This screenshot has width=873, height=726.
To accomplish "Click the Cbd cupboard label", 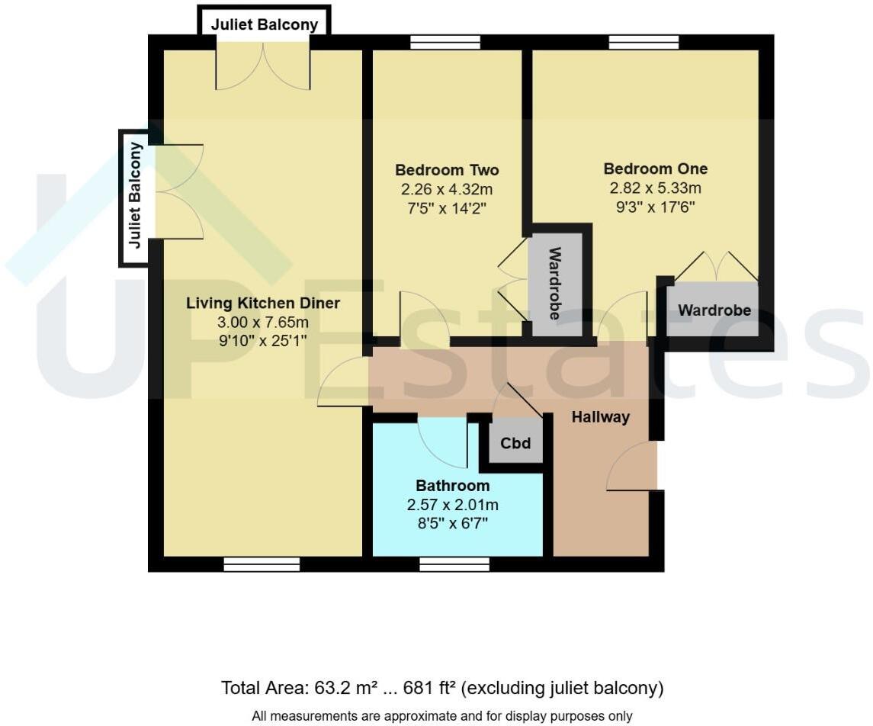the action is (515, 444).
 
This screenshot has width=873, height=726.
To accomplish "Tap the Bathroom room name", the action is (453, 486).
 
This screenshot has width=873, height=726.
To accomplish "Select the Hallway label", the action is (601, 417).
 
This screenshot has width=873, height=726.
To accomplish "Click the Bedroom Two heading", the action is (447, 170).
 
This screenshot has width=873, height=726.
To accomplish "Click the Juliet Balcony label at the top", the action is (265, 24).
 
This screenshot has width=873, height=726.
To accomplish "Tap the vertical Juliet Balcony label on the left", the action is (135, 195).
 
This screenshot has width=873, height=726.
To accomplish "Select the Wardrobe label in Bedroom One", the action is (714, 310).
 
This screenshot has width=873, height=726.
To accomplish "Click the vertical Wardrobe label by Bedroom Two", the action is (555, 284).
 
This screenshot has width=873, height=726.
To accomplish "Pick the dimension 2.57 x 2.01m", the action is (453, 504).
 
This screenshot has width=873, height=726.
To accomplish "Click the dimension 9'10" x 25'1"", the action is (263, 340).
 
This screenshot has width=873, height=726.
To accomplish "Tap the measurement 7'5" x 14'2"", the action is (447, 207).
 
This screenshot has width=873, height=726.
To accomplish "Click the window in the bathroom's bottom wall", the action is (454, 564).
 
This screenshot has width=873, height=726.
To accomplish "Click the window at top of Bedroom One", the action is (644, 43).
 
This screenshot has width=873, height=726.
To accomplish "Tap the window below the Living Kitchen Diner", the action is (262, 564).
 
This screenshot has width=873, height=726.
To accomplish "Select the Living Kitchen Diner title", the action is (263, 304).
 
